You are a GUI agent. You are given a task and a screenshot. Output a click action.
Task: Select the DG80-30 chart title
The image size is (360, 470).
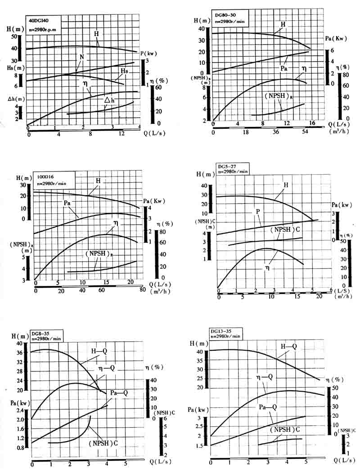(226, 15)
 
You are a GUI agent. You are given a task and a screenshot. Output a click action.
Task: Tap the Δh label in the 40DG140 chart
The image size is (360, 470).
(110, 100)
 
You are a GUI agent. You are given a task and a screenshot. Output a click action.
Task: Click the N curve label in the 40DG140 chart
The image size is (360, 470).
(82, 57)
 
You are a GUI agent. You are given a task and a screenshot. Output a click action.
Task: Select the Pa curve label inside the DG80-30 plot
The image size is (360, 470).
(284, 69)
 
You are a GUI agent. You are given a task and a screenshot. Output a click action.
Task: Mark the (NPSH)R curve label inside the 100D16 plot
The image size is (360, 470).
(98, 254)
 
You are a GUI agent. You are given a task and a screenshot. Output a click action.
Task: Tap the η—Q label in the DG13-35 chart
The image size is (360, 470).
(265, 376)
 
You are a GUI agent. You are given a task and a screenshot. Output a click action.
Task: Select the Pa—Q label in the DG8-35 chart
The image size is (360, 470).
(119, 393)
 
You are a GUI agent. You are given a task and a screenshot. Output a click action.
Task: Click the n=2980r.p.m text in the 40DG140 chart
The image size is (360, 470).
(45, 29)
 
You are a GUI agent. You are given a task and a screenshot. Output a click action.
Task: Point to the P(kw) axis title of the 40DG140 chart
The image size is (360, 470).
(148, 53)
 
